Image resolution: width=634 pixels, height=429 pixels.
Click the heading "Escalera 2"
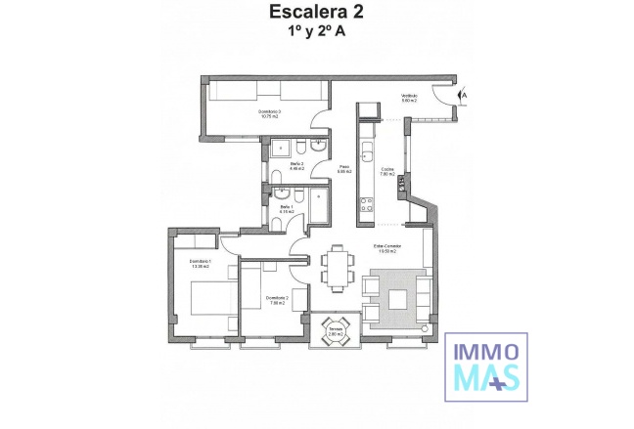(x=317, y=14)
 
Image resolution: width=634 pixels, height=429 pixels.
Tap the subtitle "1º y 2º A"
(x=317, y=32)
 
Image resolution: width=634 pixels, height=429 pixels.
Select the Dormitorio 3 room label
(x=270, y=114)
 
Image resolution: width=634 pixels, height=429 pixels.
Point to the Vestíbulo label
(x=409, y=97)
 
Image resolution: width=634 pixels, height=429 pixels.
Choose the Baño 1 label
(x=287, y=208)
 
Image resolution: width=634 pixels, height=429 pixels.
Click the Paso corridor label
(x=344, y=169)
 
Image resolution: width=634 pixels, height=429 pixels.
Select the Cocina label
(x=387, y=170)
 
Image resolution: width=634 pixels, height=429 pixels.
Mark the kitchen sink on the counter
(x=368, y=151)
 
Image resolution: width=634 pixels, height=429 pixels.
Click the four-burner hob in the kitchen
(x=368, y=204)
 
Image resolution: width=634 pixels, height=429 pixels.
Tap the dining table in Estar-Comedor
(x=339, y=268)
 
